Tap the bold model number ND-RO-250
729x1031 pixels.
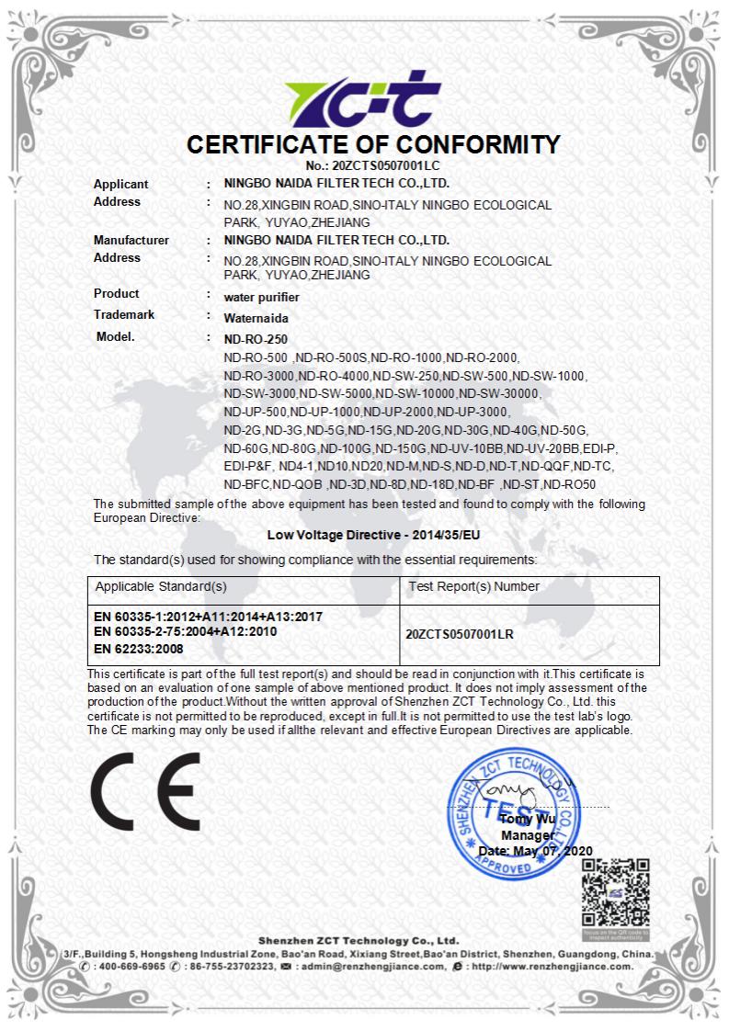tap(248, 339)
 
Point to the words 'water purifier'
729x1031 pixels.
tap(261, 297)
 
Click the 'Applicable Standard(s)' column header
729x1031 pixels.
tap(161, 586)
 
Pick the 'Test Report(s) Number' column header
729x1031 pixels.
tap(473, 586)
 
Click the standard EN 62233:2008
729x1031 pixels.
tap(139, 649)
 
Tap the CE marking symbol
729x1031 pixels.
tap(146, 791)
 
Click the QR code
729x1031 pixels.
tap(616, 891)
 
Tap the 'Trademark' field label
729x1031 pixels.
tap(124, 314)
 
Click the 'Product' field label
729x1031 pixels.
tap(117, 294)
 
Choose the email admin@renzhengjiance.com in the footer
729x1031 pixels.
tap(372, 967)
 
